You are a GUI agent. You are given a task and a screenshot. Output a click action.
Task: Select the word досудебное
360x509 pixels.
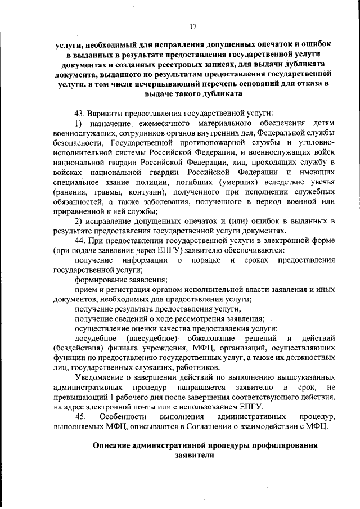coord(95,339)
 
